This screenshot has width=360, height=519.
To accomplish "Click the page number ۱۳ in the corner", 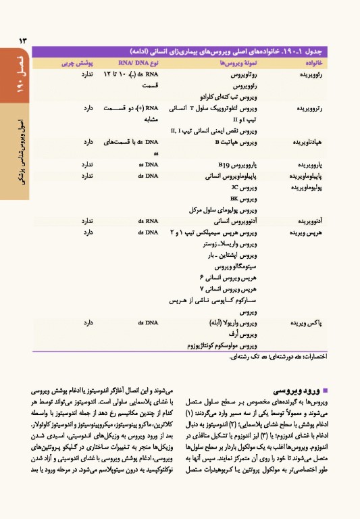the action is [x=20, y=40].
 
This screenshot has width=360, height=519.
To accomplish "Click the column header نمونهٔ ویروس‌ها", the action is [x=222, y=63].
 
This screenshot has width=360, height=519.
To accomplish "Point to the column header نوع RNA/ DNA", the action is [x=143, y=63].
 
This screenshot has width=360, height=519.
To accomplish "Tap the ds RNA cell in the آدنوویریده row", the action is [x=146, y=221].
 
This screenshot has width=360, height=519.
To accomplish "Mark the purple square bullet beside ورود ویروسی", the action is [x=326, y=391].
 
